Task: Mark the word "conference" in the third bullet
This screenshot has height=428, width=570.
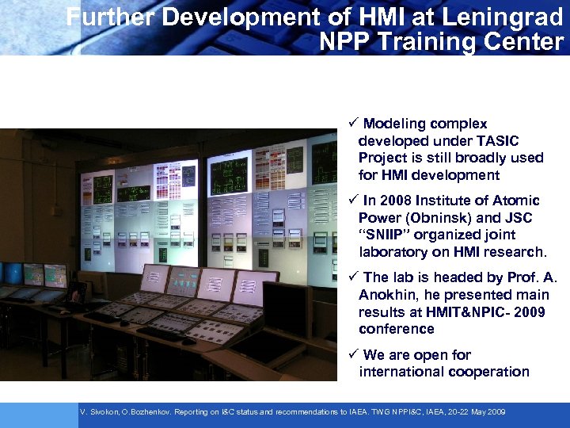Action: click(x=397, y=329)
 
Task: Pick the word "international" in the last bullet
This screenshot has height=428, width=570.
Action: click(x=402, y=372)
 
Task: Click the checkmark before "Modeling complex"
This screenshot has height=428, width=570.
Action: click(x=353, y=124)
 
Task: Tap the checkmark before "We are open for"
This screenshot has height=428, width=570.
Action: click(x=353, y=354)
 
